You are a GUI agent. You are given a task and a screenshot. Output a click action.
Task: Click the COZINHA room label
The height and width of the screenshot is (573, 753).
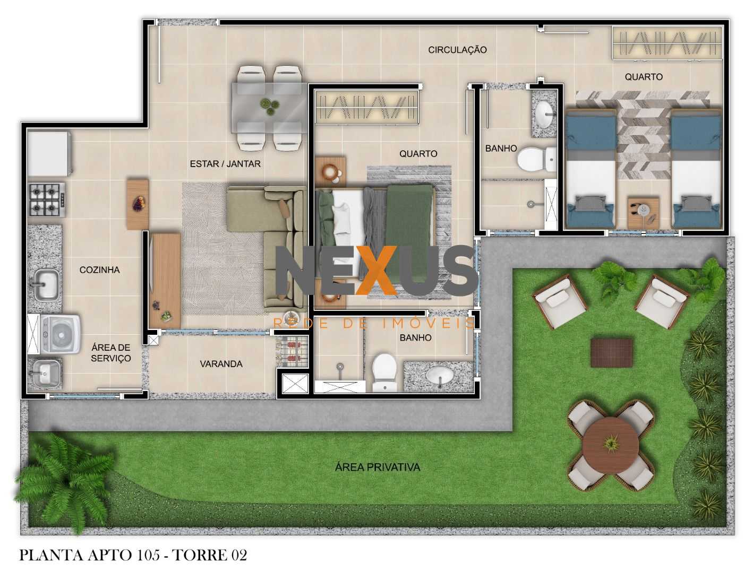[99, 270]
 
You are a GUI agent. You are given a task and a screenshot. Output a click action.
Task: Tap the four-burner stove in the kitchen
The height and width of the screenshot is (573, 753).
[47, 198]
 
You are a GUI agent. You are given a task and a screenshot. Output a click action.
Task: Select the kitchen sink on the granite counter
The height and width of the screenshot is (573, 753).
[46, 284]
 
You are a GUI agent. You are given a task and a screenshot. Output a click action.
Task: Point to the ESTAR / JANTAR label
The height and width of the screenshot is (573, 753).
[225, 163]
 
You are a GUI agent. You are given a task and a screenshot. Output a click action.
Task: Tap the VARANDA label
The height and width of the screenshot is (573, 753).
[221, 363]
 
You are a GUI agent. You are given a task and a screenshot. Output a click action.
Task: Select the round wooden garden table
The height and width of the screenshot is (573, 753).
[610, 444]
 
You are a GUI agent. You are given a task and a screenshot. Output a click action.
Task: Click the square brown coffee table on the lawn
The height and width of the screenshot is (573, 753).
[612, 353]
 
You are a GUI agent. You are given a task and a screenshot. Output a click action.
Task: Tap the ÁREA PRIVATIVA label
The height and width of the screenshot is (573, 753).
[378, 467]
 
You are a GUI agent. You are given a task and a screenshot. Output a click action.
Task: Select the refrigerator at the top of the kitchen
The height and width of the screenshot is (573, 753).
[49, 153]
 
